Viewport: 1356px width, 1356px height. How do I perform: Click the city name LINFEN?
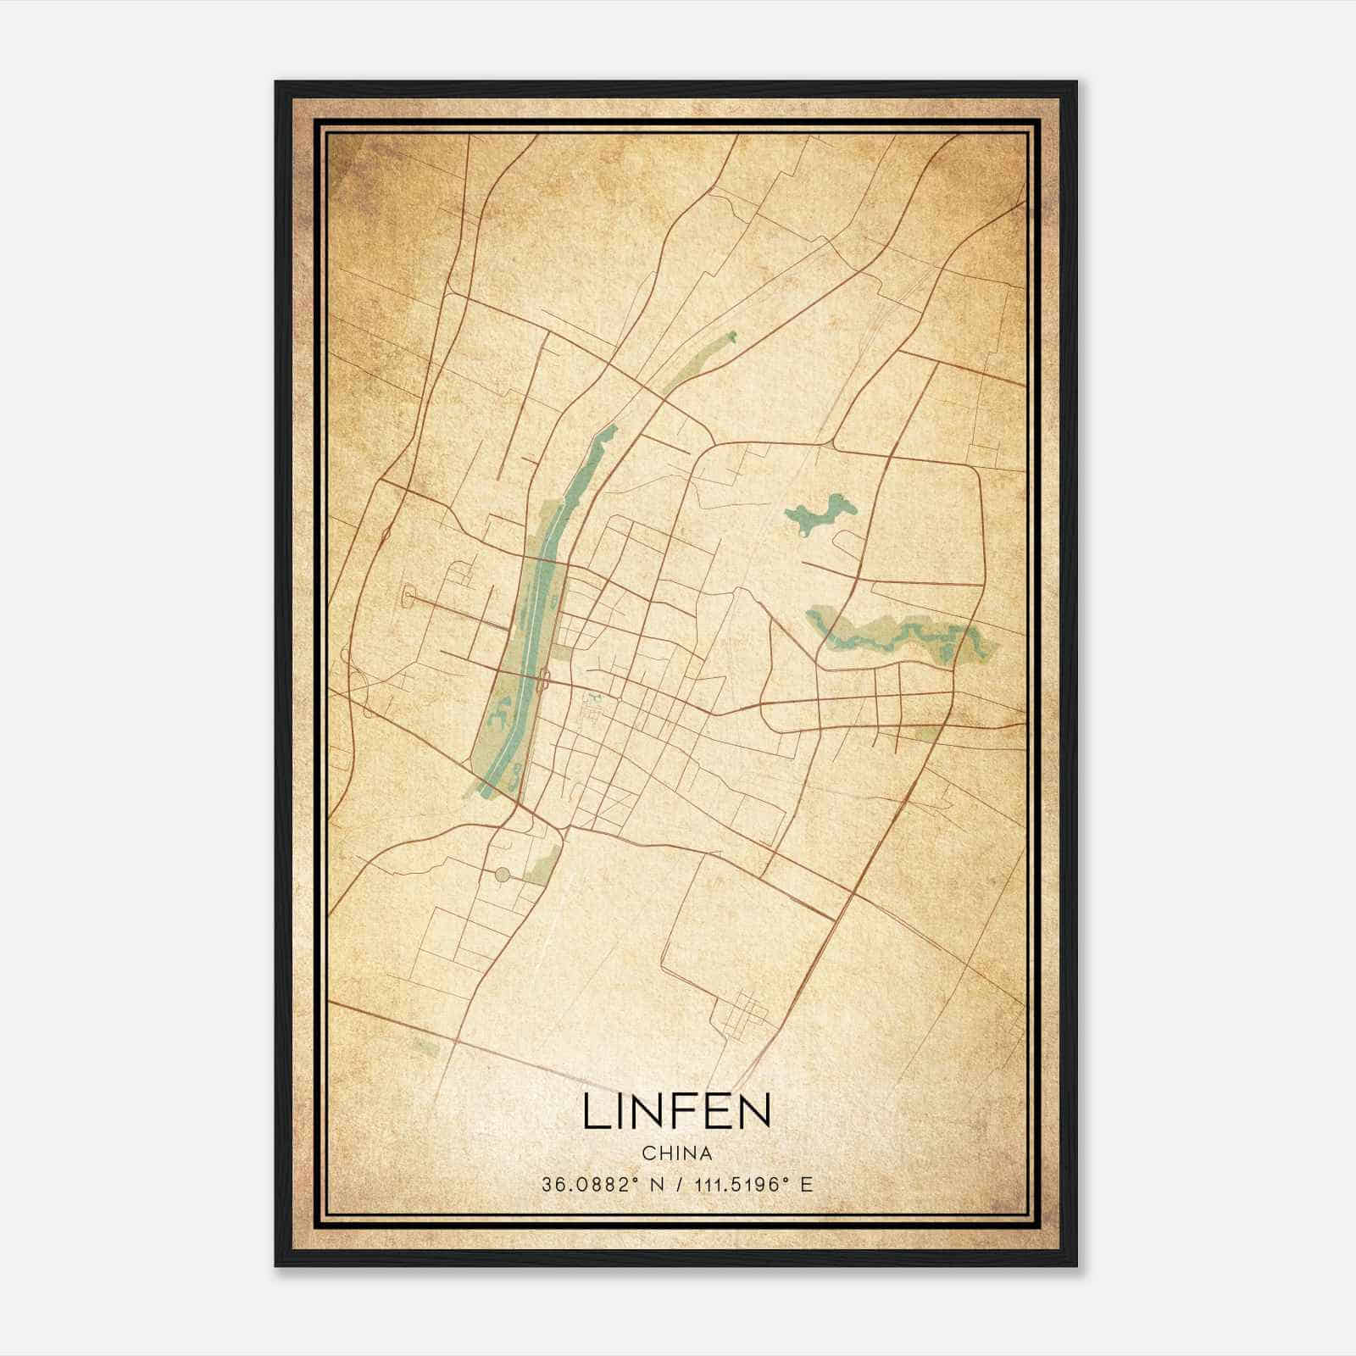click(676, 1112)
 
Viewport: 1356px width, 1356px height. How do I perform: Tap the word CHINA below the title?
click(676, 1153)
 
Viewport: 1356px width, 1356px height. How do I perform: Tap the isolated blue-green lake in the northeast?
click(820, 514)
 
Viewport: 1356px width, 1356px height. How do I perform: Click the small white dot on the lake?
click(802, 535)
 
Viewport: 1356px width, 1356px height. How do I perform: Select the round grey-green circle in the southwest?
click(503, 874)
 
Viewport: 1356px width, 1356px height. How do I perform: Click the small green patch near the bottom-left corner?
click(429, 1049)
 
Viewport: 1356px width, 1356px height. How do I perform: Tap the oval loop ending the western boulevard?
click(410, 598)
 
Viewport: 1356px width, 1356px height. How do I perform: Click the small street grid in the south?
click(746, 1013)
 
